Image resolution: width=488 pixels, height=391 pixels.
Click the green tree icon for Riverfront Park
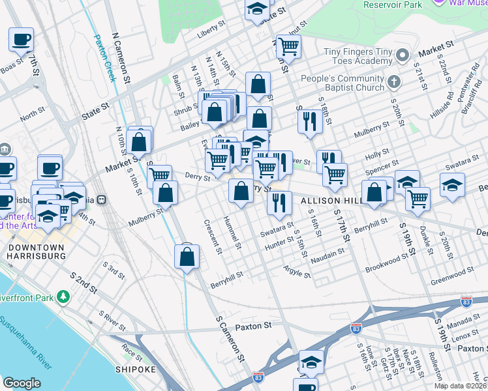pyautogui.click(x=63, y=297)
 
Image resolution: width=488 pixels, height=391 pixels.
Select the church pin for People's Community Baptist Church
pyautogui.click(x=393, y=82)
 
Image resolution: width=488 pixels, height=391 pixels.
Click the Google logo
pyautogui.click(x=22, y=383)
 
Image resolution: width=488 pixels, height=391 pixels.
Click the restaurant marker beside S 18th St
pyautogui.click(x=309, y=121)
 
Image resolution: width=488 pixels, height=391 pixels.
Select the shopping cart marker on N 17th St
pyautogui.click(x=288, y=46)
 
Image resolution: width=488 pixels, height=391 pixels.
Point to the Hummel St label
pyautogui.click(x=232, y=233)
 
